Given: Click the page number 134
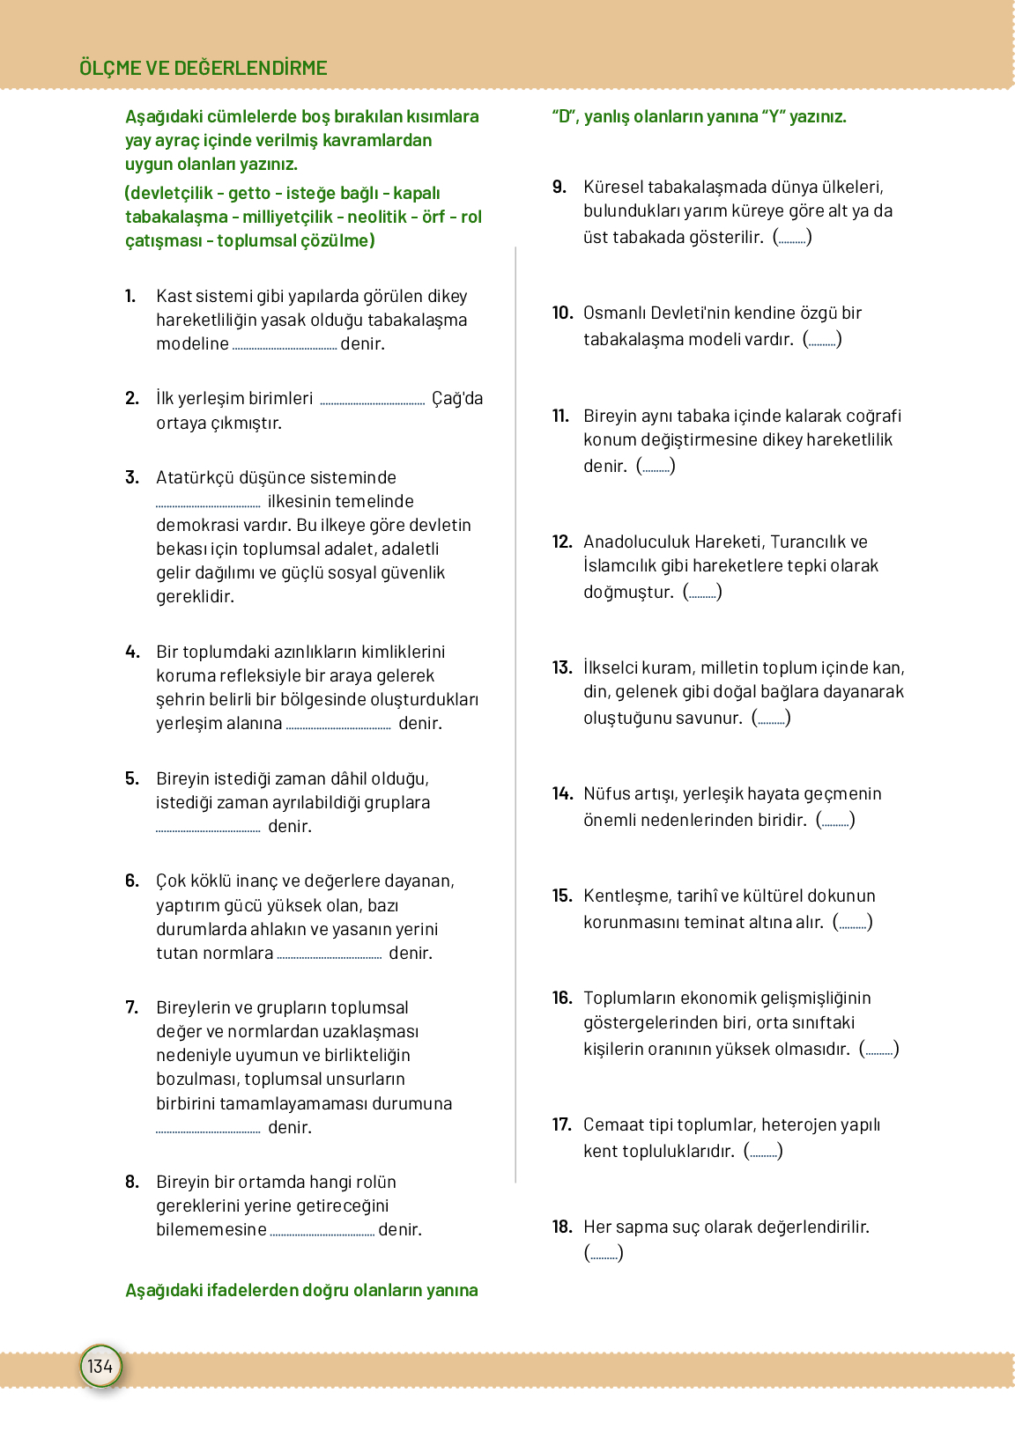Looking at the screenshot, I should click(x=100, y=1366).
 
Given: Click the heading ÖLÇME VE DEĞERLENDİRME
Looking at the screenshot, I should click(x=203, y=68).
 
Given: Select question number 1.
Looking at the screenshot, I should click(x=130, y=296).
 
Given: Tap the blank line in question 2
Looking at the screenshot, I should click(x=372, y=402).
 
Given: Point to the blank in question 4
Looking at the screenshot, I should click(x=338, y=726).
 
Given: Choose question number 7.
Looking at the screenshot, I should click(x=131, y=1007).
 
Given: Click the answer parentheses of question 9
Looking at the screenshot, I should click(x=792, y=237).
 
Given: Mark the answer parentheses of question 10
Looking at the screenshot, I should click(x=822, y=339).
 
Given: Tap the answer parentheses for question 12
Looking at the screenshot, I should click(x=702, y=592).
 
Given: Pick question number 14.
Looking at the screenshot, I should click(x=562, y=793).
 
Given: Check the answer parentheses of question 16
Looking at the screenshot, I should click(x=878, y=1049).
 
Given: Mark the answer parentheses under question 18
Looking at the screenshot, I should click(x=604, y=1253).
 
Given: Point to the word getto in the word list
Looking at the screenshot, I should click(x=249, y=193).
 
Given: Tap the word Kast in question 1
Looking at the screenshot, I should click(x=174, y=296).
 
